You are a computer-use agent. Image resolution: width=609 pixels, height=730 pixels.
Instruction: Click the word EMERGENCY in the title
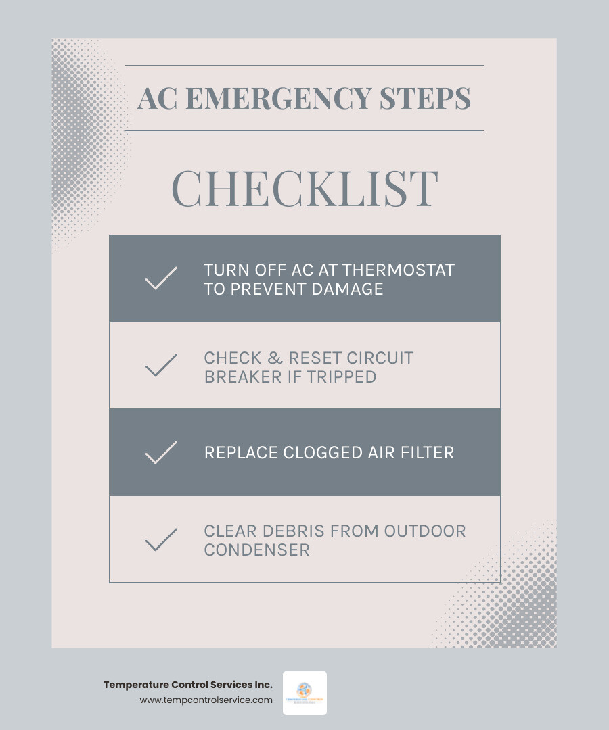(x=278, y=98)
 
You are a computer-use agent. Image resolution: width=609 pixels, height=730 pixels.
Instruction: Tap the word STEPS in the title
(x=425, y=98)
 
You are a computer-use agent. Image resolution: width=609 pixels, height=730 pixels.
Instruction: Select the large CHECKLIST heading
(x=304, y=188)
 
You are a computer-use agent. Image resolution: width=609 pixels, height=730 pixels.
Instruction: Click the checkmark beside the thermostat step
(x=161, y=278)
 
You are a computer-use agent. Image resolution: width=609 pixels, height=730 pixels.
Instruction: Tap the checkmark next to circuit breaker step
(x=161, y=365)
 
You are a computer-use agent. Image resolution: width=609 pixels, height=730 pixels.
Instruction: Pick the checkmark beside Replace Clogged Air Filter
(x=161, y=452)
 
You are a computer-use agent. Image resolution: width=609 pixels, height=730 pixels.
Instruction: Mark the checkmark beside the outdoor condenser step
(x=161, y=539)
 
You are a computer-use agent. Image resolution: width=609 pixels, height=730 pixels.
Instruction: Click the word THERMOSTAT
(x=399, y=270)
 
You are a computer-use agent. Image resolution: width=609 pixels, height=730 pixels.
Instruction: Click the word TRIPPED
(x=342, y=376)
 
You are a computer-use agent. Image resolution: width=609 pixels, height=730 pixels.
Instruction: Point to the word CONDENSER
(x=257, y=550)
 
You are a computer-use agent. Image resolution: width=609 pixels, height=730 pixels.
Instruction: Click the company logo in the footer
(x=304, y=693)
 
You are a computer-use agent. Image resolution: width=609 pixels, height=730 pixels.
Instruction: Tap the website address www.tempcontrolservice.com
(x=206, y=700)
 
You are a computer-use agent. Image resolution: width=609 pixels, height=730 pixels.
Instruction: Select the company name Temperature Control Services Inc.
(x=188, y=685)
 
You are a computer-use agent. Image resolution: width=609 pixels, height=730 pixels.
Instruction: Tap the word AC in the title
(x=157, y=98)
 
